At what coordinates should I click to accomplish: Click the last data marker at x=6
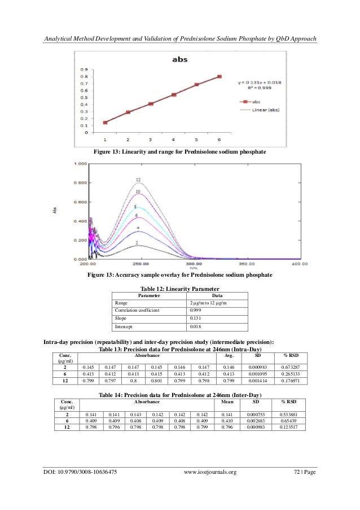coord(219,77)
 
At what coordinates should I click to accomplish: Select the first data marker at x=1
coord(105,122)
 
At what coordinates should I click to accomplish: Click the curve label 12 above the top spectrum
coord(138,180)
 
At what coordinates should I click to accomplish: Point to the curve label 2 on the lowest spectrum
coord(136,242)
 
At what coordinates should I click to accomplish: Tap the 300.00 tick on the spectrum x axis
coord(195,264)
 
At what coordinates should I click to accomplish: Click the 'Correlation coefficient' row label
coord(137,310)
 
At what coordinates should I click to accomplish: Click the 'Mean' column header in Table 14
coord(227,401)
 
